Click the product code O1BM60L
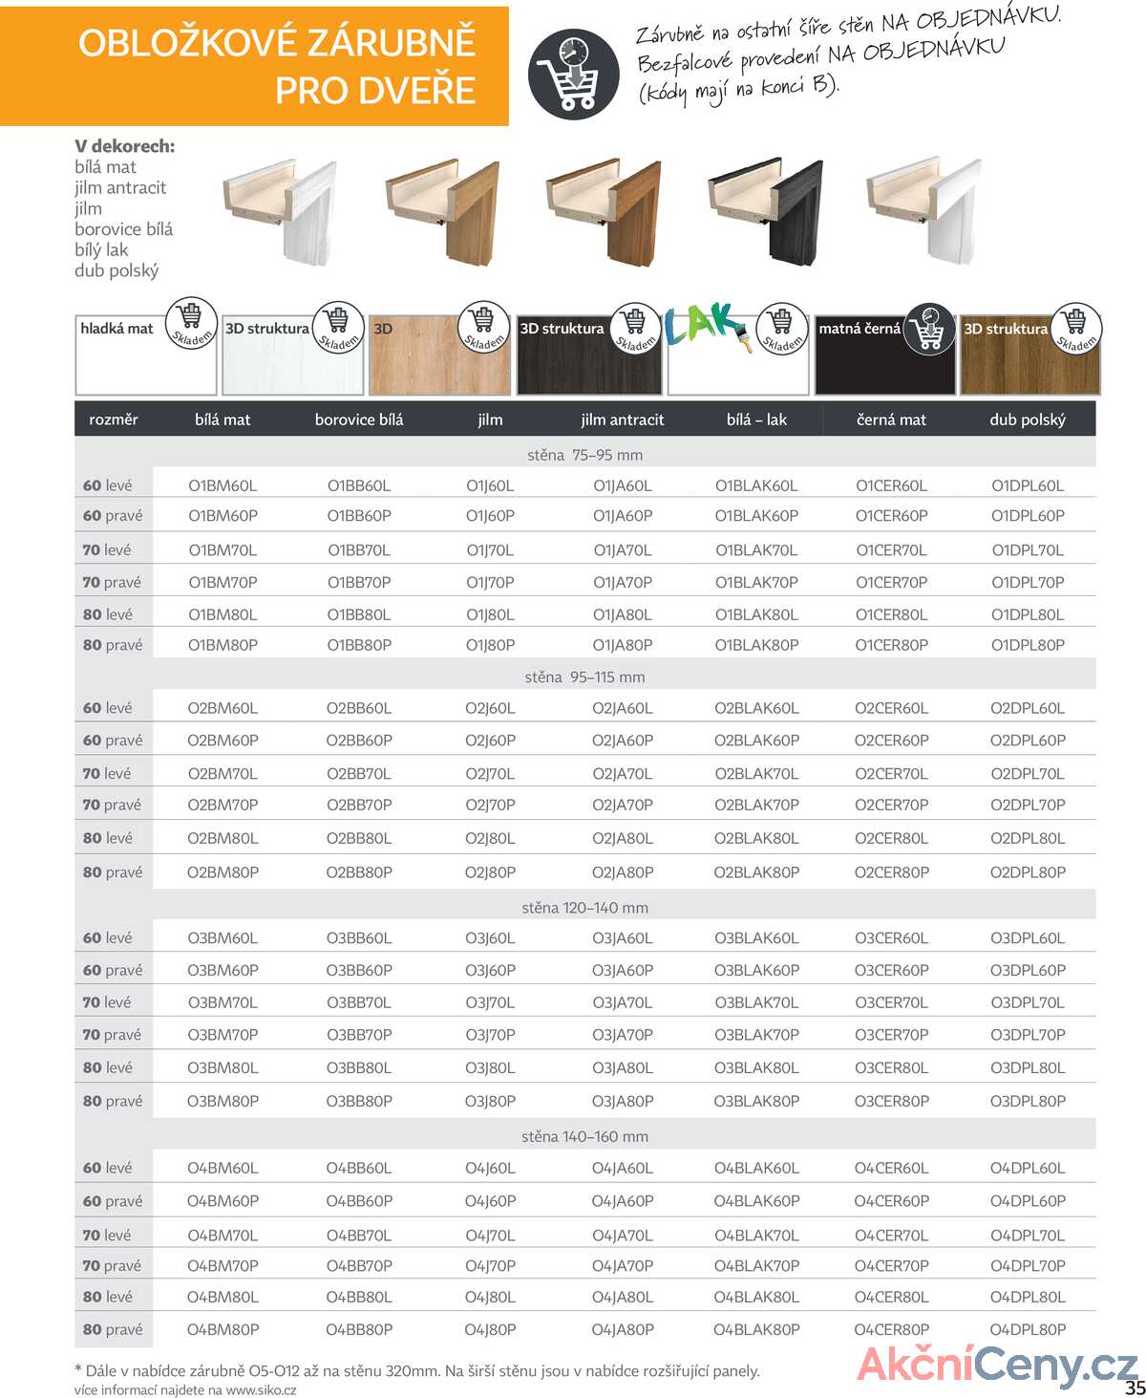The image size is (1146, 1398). pyautogui.click(x=223, y=485)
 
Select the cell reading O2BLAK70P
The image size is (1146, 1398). pyautogui.click(x=756, y=805)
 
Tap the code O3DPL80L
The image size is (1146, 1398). pyautogui.click(x=1027, y=1067)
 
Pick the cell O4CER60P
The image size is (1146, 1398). pyautogui.click(x=891, y=1201)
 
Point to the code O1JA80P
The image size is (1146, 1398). pyautogui.click(x=623, y=645)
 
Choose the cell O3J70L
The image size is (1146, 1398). pyautogui.click(x=490, y=1002)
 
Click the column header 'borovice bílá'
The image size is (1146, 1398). pyautogui.click(x=359, y=419)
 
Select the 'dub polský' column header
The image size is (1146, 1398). pyautogui.click(x=1027, y=419)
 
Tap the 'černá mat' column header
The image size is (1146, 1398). pyautogui.click(x=891, y=419)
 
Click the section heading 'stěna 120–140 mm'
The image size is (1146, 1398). pyautogui.click(x=584, y=908)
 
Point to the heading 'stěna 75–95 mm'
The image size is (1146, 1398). pyautogui.click(x=584, y=455)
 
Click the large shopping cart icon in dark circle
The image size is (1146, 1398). pyautogui.click(x=573, y=75)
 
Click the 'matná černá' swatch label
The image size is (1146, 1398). pyautogui.click(x=859, y=329)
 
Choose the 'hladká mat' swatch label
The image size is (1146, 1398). pyautogui.click(x=117, y=329)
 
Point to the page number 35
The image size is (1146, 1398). pyautogui.click(x=1134, y=1387)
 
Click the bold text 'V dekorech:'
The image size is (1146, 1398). pyautogui.click(x=124, y=146)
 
